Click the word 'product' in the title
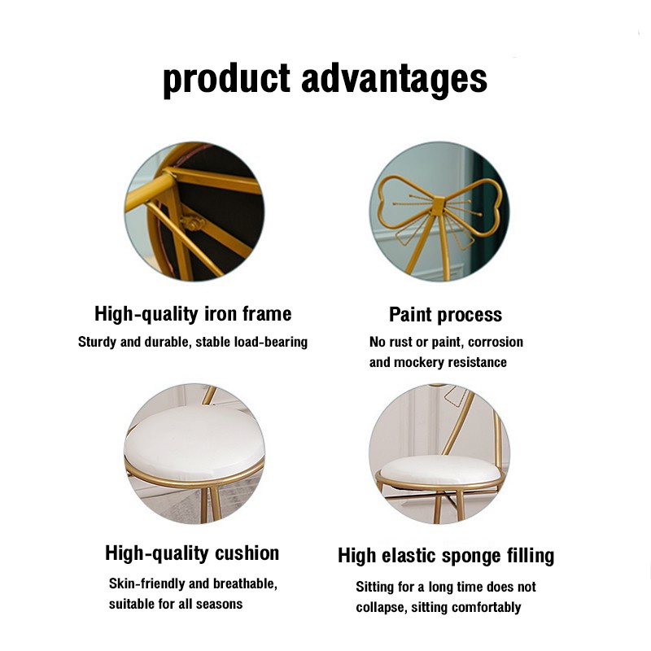[x=226, y=80]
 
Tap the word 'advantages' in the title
[x=394, y=79]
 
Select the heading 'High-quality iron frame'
[x=193, y=314]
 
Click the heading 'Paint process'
[x=445, y=315]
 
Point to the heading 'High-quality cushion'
[x=192, y=553]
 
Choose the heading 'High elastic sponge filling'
[x=446, y=556]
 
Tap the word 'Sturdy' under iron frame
[x=97, y=342]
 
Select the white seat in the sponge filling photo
[x=440, y=470]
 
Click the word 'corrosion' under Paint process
[x=496, y=342]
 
